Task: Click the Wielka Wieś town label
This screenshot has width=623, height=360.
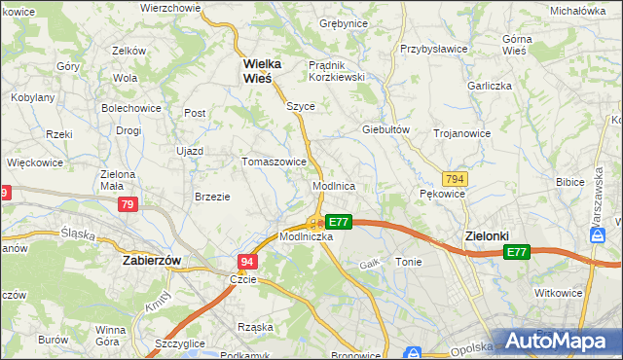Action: click(x=262, y=72)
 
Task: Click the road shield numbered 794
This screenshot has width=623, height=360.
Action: click(x=453, y=179)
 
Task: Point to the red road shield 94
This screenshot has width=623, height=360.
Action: click(x=248, y=262)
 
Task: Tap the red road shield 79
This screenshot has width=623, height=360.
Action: click(x=128, y=204)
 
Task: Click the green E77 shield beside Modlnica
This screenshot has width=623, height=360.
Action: click(x=338, y=222)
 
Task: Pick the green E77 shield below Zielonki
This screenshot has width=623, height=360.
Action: click(x=516, y=252)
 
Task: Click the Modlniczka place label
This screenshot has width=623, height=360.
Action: click(x=307, y=236)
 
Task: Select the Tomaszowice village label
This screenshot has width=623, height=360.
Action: click(x=275, y=162)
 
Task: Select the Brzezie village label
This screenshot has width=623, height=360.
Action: click(x=212, y=196)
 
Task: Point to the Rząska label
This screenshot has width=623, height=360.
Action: click(x=256, y=327)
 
